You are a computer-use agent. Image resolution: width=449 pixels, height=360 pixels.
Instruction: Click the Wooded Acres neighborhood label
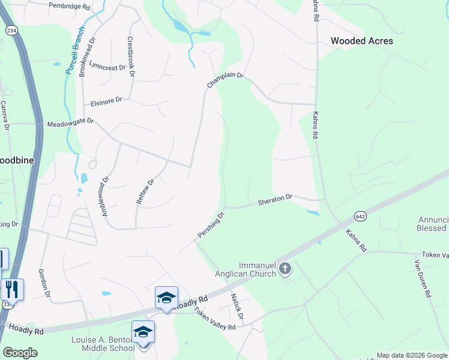pyautogui.click(x=362, y=41)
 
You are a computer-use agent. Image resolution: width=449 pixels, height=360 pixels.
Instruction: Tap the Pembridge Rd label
pyautogui.click(x=70, y=7)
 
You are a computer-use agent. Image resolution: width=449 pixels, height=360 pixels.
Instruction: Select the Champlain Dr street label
pyautogui.click(x=225, y=80)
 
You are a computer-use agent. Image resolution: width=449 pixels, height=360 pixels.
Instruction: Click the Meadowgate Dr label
pyautogui.click(x=71, y=122)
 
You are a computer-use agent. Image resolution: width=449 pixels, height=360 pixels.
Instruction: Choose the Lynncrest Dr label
pyautogui.click(x=107, y=64)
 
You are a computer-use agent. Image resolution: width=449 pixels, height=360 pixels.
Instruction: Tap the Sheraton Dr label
pyautogui.click(x=276, y=199)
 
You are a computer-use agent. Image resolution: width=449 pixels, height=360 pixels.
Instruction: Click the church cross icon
pyautogui.click(x=285, y=269)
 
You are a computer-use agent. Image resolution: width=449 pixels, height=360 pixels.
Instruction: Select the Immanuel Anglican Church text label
pyautogui.click(x=248, y=269)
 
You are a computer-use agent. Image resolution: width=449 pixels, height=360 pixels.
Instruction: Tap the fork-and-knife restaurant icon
pyautogui.click(x=12, y=289)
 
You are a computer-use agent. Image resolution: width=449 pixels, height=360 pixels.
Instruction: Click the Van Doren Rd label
pyautogui.click(x=423, y=275)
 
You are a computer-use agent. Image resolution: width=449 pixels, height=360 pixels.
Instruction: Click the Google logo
pyautogui.click(x=20, y=352)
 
